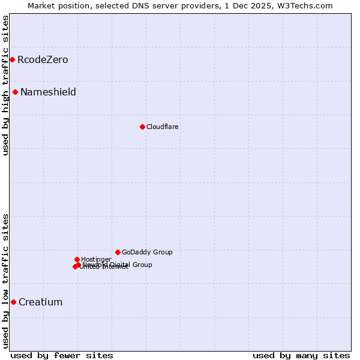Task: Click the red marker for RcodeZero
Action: [12, 59]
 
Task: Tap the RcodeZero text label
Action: [43, 60]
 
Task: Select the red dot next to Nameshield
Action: [15, 92]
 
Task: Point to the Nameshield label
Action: [48, 92]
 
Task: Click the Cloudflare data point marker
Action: [142, 127]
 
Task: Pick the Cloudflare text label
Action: [163, 127]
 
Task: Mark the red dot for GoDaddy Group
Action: [118, 252]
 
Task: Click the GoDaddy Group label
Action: [147, 253]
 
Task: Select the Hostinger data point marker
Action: [77, 259]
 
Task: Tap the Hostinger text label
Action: [96, 260]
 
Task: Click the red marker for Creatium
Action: [13, 302]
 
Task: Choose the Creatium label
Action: [40, 302]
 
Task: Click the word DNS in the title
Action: [136, 5]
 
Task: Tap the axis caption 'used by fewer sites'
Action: [62, 355]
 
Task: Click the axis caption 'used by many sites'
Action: [301, 355]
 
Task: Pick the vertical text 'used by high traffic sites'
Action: [5, 85]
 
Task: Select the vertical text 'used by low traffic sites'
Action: [5, 280]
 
